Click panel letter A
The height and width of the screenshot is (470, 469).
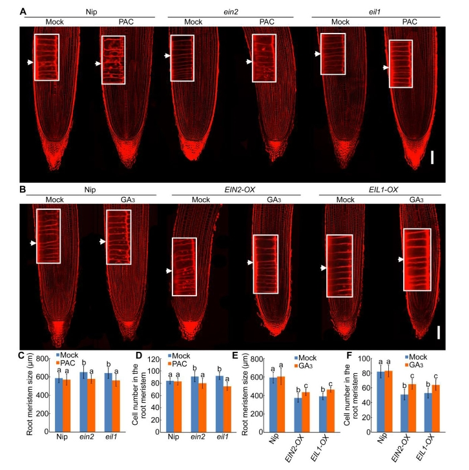23,12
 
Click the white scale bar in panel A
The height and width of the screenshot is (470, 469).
432,157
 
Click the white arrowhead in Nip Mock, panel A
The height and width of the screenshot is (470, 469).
28,63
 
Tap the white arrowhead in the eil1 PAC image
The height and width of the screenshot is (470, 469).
385,68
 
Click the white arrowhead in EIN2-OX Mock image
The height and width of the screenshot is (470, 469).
167,271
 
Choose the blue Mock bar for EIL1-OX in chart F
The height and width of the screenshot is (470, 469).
423,413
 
